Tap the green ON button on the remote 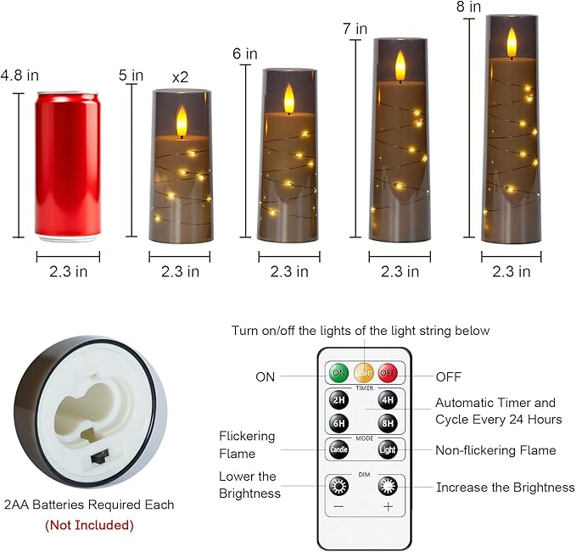pyautogui.click(x=338, y=373)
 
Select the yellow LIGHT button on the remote pyautogui.click(x=363, y=373)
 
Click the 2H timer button pyautogui.click(x=338, y=401)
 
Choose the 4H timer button pyautogui.click(x=388, y=401)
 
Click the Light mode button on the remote pyautogui.click(x=388, y=449)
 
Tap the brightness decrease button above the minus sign pyautogui.click(x=338, y=487)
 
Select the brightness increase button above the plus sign pyautogui.click(x=388, y=487)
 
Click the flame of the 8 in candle pyautogui.click(x=512, y=42)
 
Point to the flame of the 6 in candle pyautogui.click(x=288, y=98)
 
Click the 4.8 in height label pyautogui.click(x=20, y=75)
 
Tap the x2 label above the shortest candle pyautogui.click(x=180, y=77)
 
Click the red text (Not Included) pyautogui.click(x=89, y=525)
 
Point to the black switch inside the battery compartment pyautogui.click(x=99, y=457)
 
